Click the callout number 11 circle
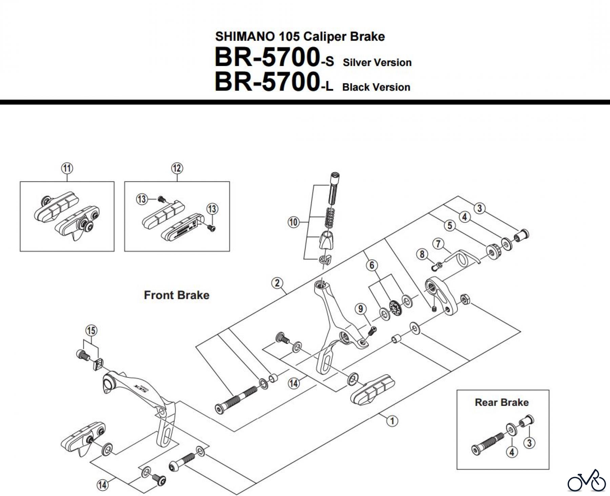[x=67, y=168]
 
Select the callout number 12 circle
[x=177, y=168]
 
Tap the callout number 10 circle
[x=293, y=222]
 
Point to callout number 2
[x=277, y=283]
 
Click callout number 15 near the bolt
[x=91, y=330]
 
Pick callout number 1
[x=392, y=421]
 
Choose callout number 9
[x=361, y=309]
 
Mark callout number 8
[x=422, y=254]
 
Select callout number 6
[x=372, y=265]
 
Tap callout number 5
[x=450, y=226]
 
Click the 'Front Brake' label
[x=177, y=295]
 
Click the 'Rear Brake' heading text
[x=502, y=402]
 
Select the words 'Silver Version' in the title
[x=377, y=63]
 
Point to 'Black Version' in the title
[x=376, y=87]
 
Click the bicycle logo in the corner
[x=587, y=481]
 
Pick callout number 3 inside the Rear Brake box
[x=529, y=442]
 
